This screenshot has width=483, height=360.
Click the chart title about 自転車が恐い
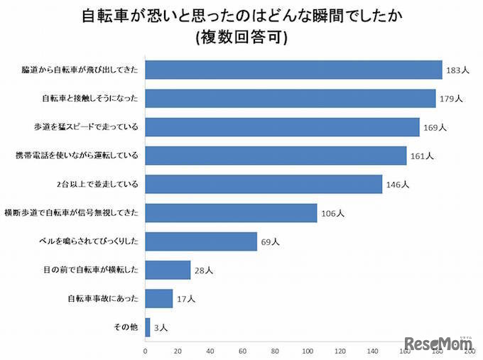pyautogui.click(x=241, y=15)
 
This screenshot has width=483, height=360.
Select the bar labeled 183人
pyautogui.click(x=293, y=70)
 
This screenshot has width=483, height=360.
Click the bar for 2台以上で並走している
pyautogui.click(x=264, y=184)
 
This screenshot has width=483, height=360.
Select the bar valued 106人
pyautogui.click(x=231, y=212)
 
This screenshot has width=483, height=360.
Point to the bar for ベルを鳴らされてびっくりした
pyautogui.click(x=201, y=241)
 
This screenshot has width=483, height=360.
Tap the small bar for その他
pyautogui.click(x=148, y=327)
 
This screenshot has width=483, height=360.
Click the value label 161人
pyautogui.click(x=422, y=156)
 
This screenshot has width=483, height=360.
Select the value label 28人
pyautogui.click(x=204, y=271)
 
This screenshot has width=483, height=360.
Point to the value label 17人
pyautogui.click(x=186, y=299)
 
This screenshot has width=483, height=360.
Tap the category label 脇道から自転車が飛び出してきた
pyautogui.click(x=80, y=70)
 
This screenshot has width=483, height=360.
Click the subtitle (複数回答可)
pyautogui.click(x=241, y=38)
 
